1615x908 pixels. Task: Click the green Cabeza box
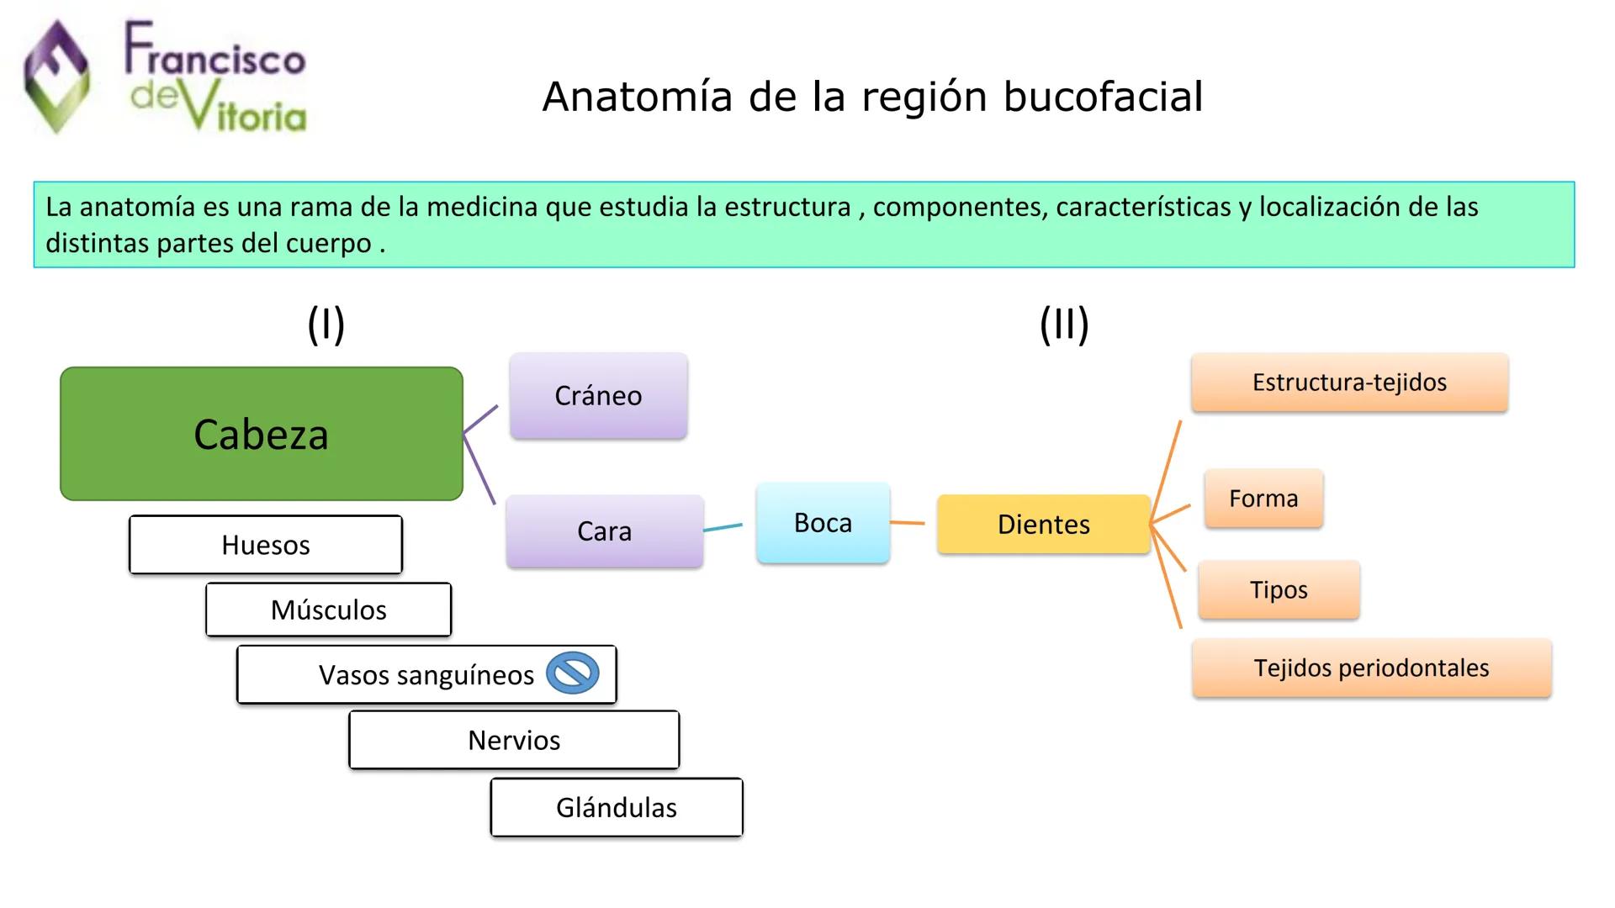261,434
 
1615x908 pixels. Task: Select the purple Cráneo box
598,395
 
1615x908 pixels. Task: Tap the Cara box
604,531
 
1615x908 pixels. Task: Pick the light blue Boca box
823,523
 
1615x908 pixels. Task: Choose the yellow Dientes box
1043,525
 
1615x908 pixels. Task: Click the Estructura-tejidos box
1349,383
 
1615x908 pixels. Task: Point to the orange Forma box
1263,499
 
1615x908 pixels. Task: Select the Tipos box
1279,589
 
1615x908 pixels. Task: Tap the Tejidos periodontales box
1371,668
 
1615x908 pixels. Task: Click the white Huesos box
266,545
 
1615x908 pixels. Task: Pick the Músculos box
328,610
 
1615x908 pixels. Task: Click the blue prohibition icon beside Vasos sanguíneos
573,673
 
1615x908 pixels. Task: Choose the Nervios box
514,740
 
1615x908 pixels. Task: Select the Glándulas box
617,807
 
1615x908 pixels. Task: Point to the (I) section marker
326,325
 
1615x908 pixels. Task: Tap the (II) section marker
1064,325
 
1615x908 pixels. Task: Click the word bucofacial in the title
1103,97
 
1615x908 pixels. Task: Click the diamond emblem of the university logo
56,77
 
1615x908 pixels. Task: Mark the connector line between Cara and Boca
723,527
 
